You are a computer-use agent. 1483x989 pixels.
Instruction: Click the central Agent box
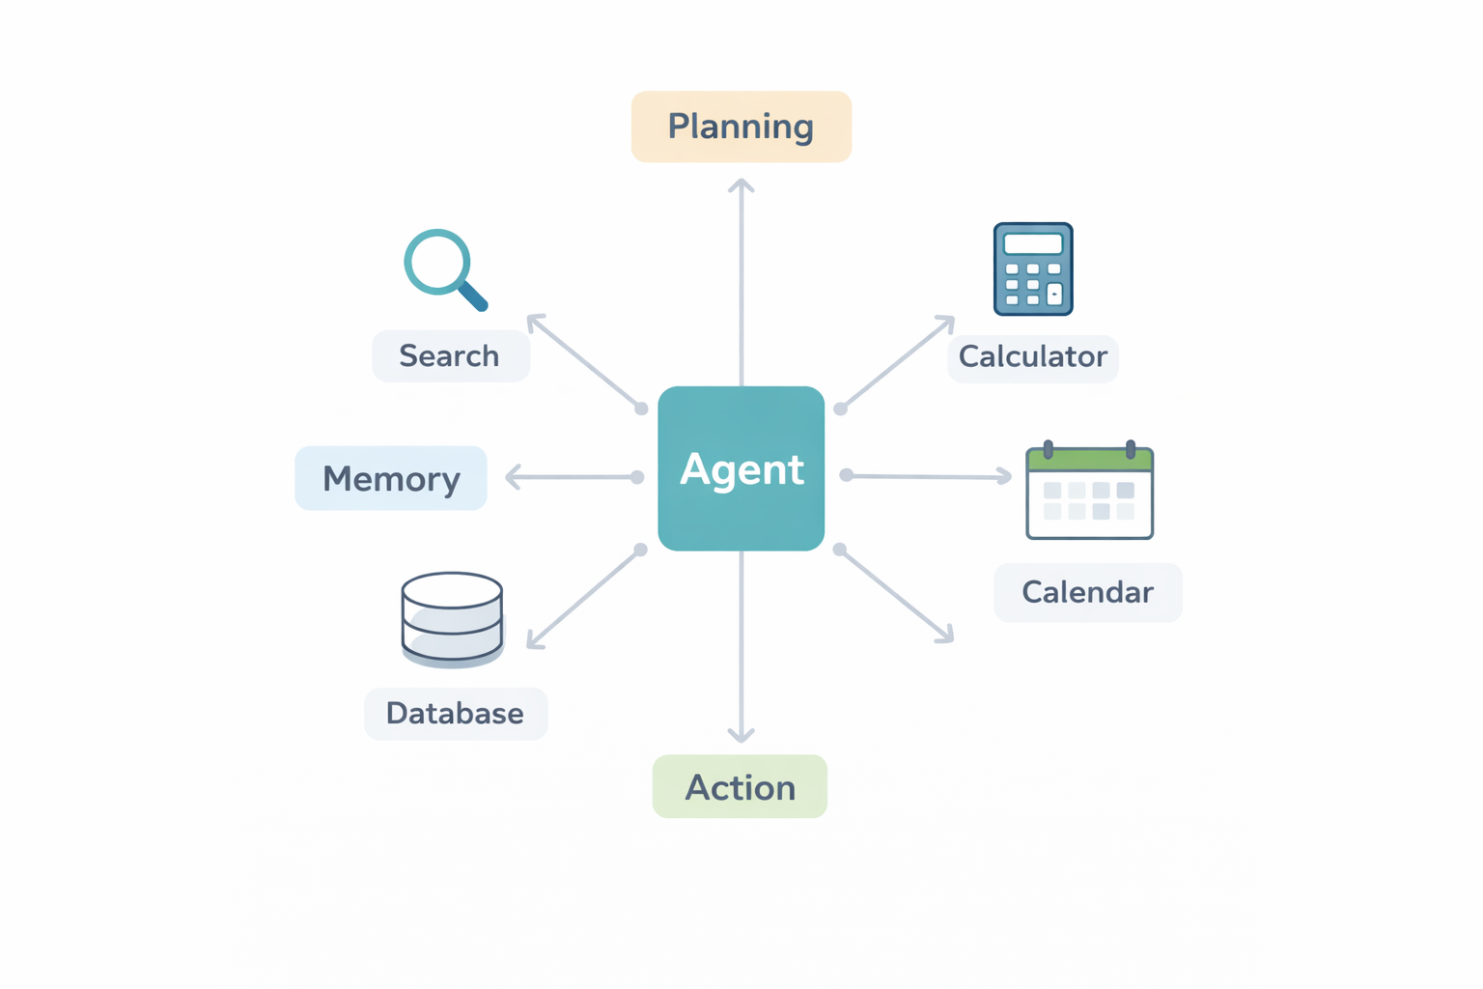741,468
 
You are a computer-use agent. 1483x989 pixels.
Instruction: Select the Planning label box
741,127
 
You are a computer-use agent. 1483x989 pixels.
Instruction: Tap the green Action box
740,786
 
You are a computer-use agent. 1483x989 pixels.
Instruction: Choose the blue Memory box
391,478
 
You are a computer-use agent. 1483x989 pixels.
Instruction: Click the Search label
450,355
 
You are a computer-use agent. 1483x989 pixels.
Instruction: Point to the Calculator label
1032,357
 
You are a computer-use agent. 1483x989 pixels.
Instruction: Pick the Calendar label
1087,592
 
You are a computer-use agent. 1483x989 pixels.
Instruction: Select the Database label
455,714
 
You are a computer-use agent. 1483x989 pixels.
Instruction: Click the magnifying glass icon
442,267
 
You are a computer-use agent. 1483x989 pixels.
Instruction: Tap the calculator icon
1033,269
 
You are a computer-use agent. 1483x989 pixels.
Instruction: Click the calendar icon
1089,493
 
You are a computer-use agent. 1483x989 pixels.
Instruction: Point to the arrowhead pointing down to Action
741,737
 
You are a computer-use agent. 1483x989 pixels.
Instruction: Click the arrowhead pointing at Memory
511,477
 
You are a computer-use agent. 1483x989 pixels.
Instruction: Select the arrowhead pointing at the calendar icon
1006,476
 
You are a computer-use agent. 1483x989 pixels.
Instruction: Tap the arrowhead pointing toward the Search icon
532,319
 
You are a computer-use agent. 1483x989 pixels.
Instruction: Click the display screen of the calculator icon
1033,242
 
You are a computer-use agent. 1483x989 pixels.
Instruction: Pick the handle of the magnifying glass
472,297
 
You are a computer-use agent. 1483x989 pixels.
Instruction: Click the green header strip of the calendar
1089,460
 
